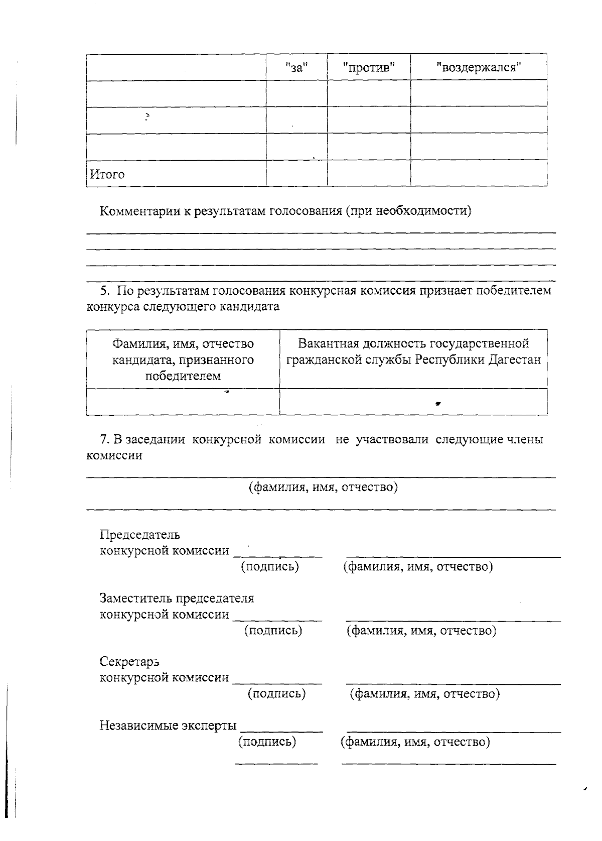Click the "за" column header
pyautogui.click(x=296, y=67)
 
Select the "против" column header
pyautogui.click(x=369, y=67)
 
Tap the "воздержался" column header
pyautogui.click(x=479, y=67)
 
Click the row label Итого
pyautogui.click(x=107, y=174)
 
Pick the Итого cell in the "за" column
pyautogui.click(x=296, y=173)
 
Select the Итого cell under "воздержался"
pyautogui.click(x=479, y=173)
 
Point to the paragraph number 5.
pyautogui.click(x=104, y=291)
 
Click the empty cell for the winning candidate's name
pyautogui.click(x=183, y=402)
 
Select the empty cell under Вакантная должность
pyautogui.click(x=413, y=402)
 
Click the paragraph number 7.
pyautogui.click(x=104, y=440)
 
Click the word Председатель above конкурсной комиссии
pyautogui.click(x=140, y=535)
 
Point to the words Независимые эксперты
pyautogui.click(x=168, y=726)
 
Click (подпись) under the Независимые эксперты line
pyautogui.click(x=267, y=742)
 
